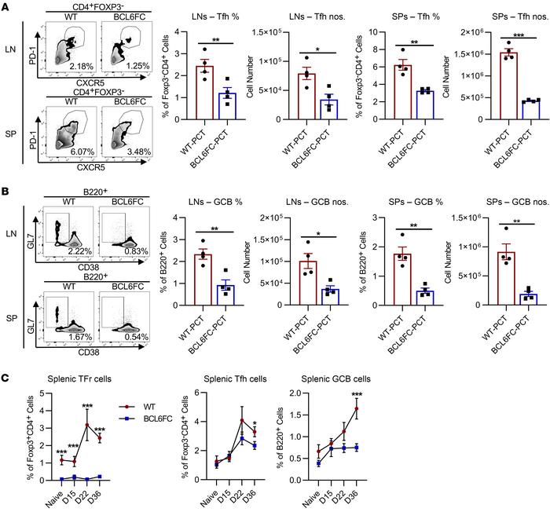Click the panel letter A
click(7, 7)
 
